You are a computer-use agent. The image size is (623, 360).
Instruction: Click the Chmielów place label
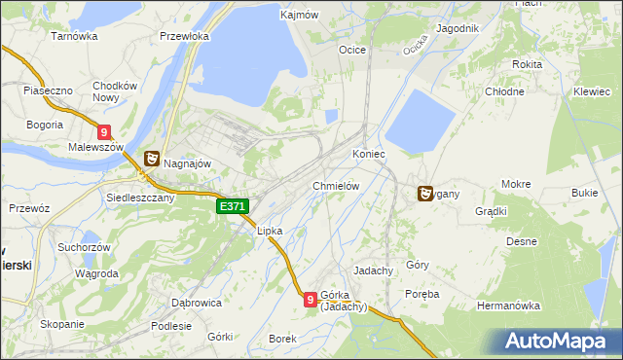point(338,186)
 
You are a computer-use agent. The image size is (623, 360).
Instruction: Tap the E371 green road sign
point(234,207)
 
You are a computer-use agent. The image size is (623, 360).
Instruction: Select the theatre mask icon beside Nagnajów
point(152,159)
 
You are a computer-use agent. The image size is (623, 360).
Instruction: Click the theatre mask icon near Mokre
point(425,194)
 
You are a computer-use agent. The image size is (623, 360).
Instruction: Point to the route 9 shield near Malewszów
point(104,133)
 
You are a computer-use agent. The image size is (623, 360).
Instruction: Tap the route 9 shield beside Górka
point(310,301)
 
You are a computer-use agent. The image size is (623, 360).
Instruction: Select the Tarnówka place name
point(75,36)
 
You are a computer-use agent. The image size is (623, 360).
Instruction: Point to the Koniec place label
point(369,155)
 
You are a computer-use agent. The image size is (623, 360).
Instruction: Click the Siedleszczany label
point(139,197)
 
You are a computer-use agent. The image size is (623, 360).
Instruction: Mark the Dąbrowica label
point(197,303)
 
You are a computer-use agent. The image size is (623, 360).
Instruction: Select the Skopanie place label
point(61,324)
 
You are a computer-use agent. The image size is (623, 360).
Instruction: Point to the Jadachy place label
point(374,270)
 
